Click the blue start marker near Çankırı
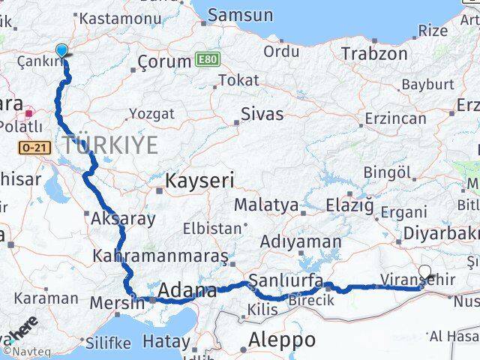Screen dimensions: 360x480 [x=61, y=50]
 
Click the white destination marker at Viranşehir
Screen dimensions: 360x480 [x=425, y=272]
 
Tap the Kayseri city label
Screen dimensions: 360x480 [x=199, y=180]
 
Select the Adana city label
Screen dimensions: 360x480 [x=187, y=289]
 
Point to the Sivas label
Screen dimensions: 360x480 [x=262, y=114]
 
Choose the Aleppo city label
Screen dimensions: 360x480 [x=282, y=339]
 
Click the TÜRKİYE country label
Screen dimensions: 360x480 [x=110, y=145]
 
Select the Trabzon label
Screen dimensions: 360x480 [x=374, y=54]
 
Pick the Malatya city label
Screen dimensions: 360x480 [x=265, y=205]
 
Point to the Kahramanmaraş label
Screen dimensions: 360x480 [x=160, y=256]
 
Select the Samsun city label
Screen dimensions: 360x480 [x=240, y=14]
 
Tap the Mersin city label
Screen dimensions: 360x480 [x=116, y=302]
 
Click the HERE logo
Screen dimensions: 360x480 [x=23, y=329]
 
